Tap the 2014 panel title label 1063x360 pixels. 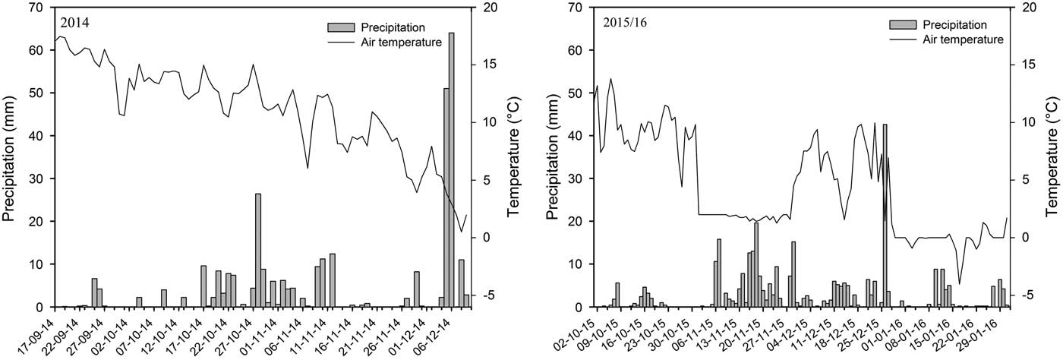tap(75, 23)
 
